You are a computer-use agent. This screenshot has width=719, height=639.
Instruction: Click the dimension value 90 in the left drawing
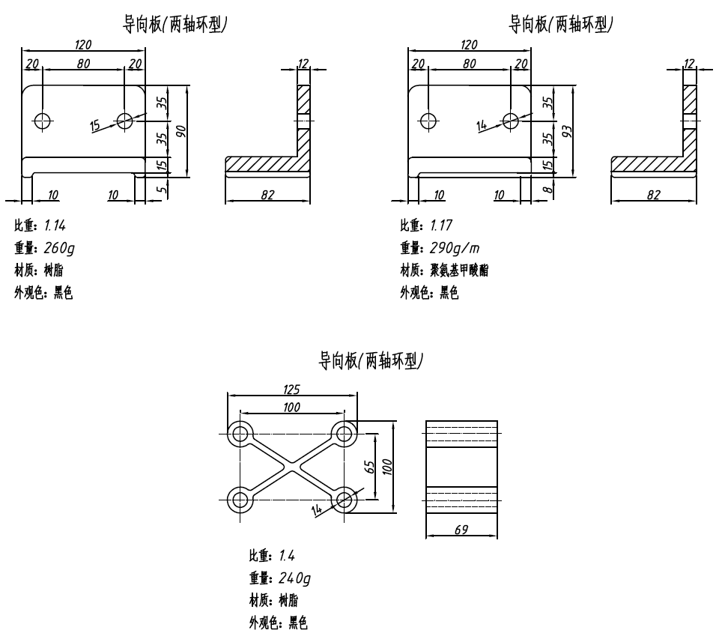click(180, 130)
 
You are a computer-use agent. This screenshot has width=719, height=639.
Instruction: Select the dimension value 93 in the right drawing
click(567, 131)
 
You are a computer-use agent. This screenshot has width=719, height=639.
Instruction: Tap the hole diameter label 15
click(95, 125)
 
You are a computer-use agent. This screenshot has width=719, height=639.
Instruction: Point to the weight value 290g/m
click(453, 248)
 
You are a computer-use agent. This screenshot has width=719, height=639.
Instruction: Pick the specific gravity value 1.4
click(287, 555)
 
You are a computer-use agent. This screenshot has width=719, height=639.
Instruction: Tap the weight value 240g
click(294, 578)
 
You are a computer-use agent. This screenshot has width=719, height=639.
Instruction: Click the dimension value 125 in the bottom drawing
click(292, 389)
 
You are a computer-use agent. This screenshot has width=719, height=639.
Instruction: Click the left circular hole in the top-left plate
click(42, 120)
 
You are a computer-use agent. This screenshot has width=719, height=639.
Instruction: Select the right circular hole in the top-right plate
click(511, 120)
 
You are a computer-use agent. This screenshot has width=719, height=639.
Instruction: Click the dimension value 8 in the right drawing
click(547, 190)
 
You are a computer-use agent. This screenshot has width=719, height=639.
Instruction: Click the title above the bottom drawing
click(371, 361)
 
